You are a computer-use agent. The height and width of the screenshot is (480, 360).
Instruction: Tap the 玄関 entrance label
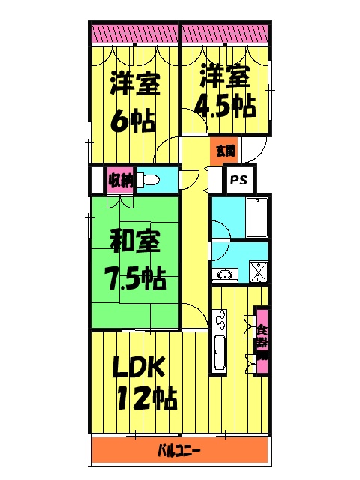225,151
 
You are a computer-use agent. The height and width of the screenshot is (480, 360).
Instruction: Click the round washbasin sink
224,275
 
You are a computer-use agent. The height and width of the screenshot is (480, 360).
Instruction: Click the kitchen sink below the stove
220,353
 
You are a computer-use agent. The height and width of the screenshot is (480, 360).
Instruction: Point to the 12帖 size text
146,397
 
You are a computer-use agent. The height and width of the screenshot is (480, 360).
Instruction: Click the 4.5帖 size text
223,105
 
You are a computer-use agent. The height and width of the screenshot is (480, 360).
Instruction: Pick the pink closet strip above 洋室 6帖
134,34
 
